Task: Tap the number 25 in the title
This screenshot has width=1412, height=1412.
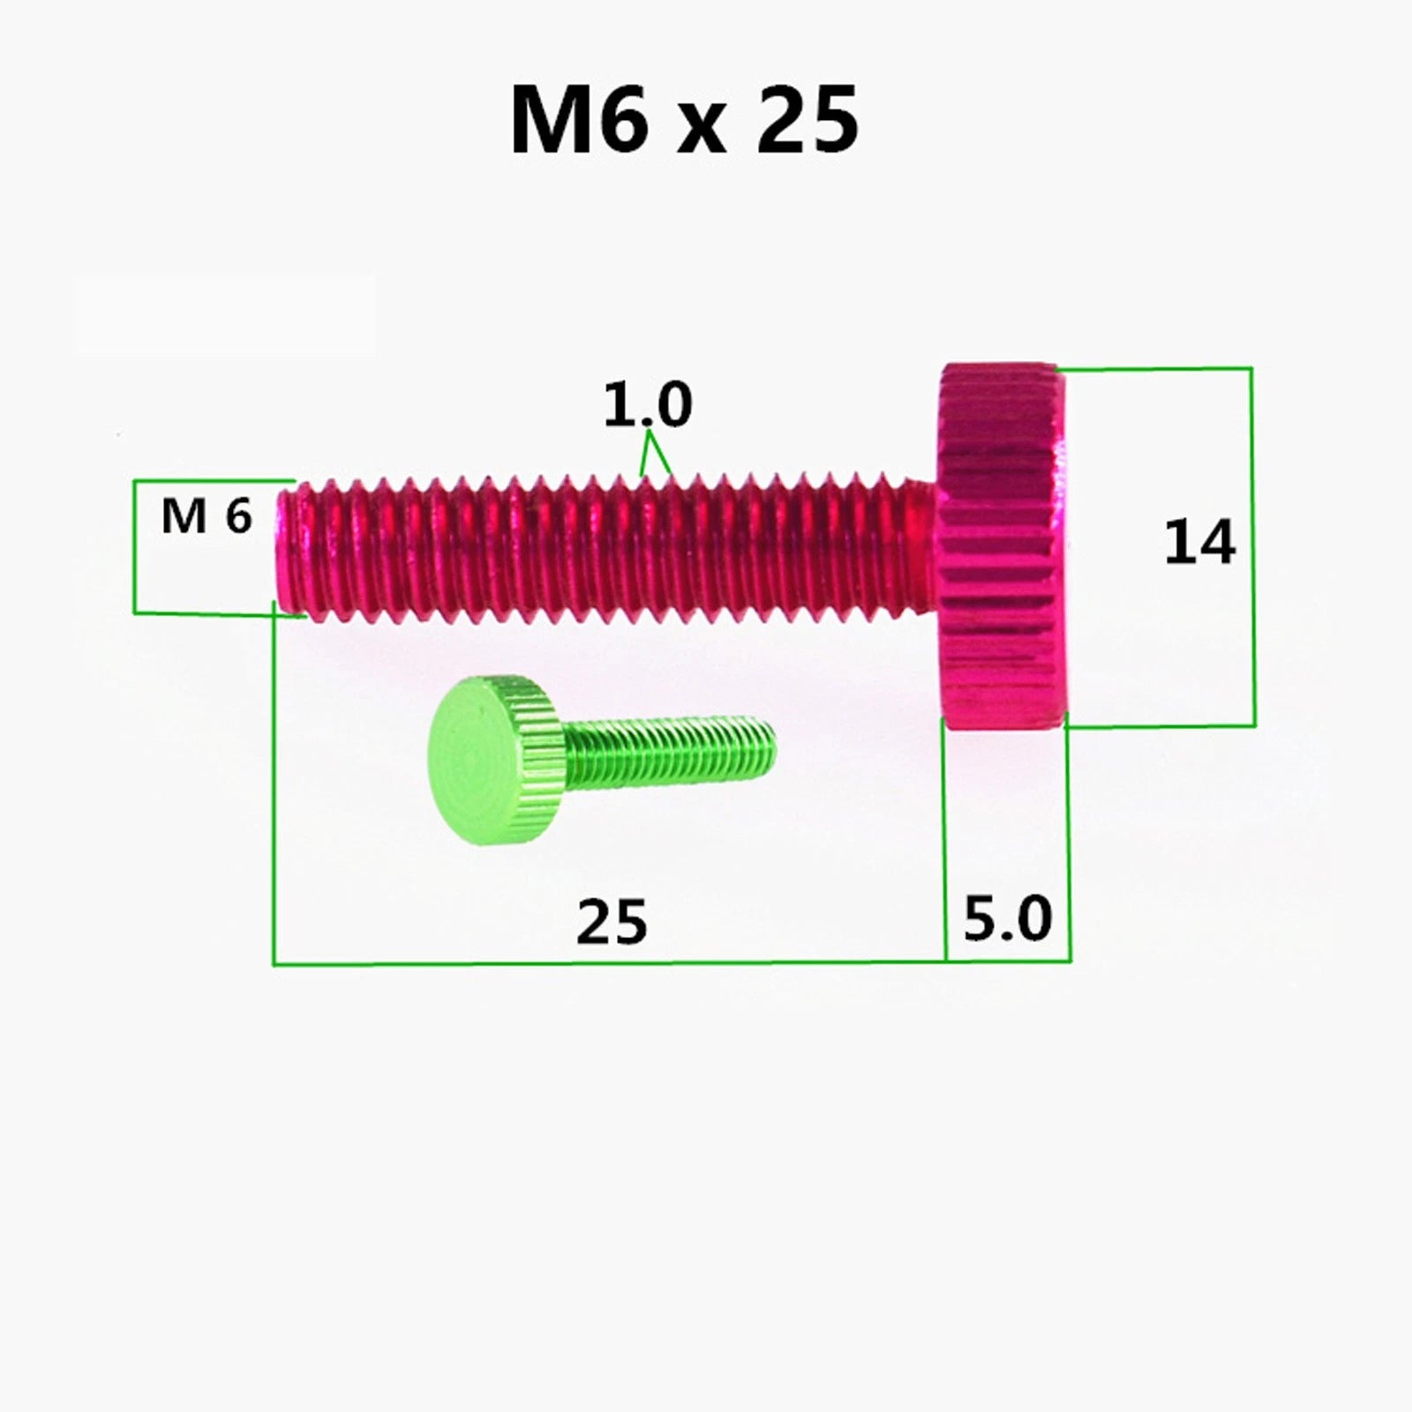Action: coord(807,120)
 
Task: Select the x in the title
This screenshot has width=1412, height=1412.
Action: coord(703,130)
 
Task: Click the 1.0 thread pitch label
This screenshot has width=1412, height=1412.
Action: coord(647,405)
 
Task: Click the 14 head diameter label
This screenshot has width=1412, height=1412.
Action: coord(1199,543)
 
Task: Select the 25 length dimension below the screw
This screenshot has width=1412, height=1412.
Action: coord(612,922)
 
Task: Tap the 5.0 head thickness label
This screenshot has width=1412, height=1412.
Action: coord(1008,918)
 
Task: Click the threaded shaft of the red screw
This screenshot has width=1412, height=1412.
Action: coord(600,549)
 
